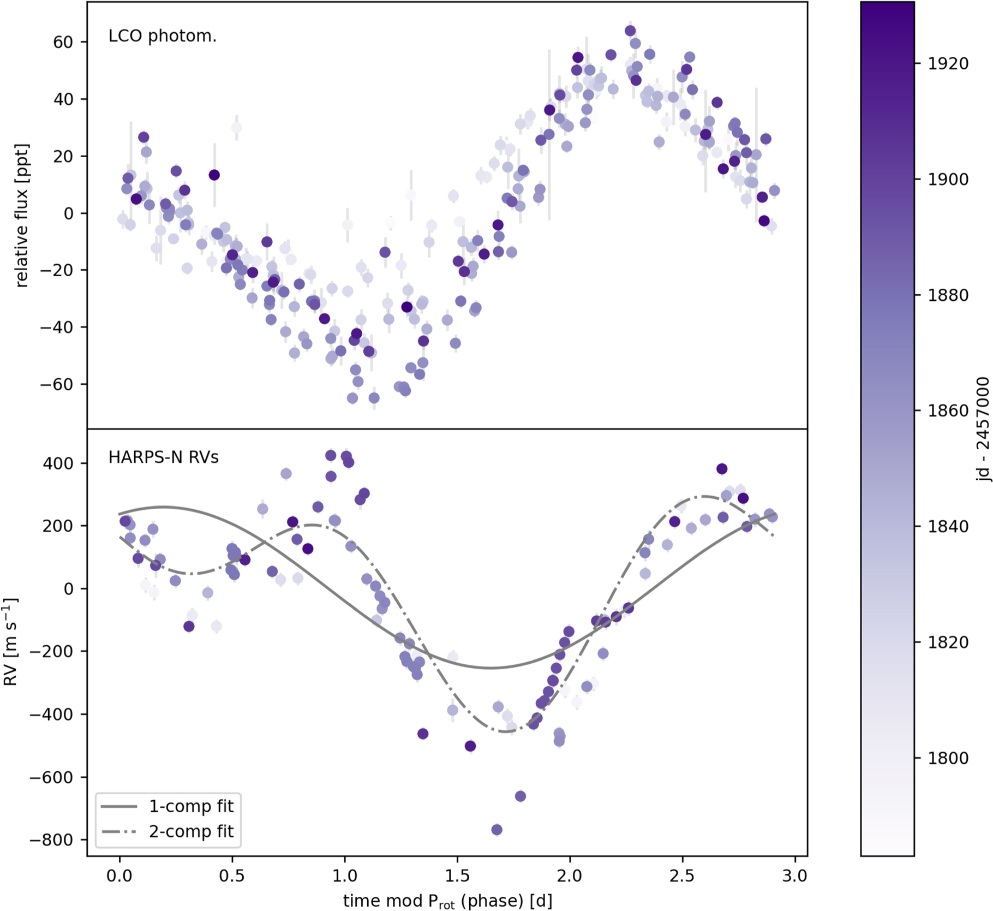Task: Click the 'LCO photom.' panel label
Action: tap(162, 36)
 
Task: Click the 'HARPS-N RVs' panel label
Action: tap(163, 457)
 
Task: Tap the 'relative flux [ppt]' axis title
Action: tap(21, 216)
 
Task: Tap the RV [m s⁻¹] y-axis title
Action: tap(11, 642)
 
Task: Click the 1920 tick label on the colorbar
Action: tap(948, 64)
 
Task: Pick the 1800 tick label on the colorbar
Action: tap(948, 758)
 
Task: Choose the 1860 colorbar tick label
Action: tap(948, 411)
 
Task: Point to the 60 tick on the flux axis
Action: tap(63, 42)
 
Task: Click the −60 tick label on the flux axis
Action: tap(56, 384)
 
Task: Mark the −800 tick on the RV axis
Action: tap(51, 840)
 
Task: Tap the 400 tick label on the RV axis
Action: tap(58, 463)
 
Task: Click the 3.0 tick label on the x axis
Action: tap(794, 876)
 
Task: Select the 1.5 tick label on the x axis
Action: tap(457, 876)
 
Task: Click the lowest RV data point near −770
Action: tap(496, 830)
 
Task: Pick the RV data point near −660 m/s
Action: tap(521, 796)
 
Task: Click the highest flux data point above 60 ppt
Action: tap(630, 31)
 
